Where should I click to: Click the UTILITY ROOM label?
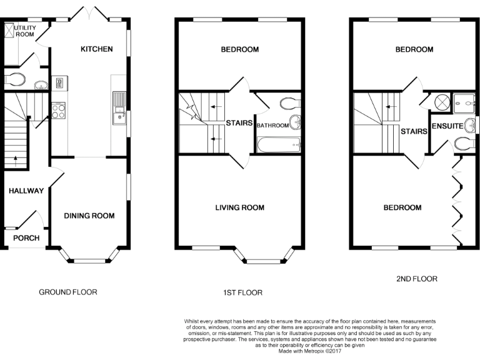25,31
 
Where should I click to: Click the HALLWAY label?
26,191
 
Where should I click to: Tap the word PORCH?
26,238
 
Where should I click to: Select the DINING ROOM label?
89,216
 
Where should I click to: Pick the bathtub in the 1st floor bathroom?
279,146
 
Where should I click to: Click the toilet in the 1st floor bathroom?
290,103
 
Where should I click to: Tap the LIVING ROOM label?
239,207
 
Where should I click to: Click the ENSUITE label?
446,126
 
